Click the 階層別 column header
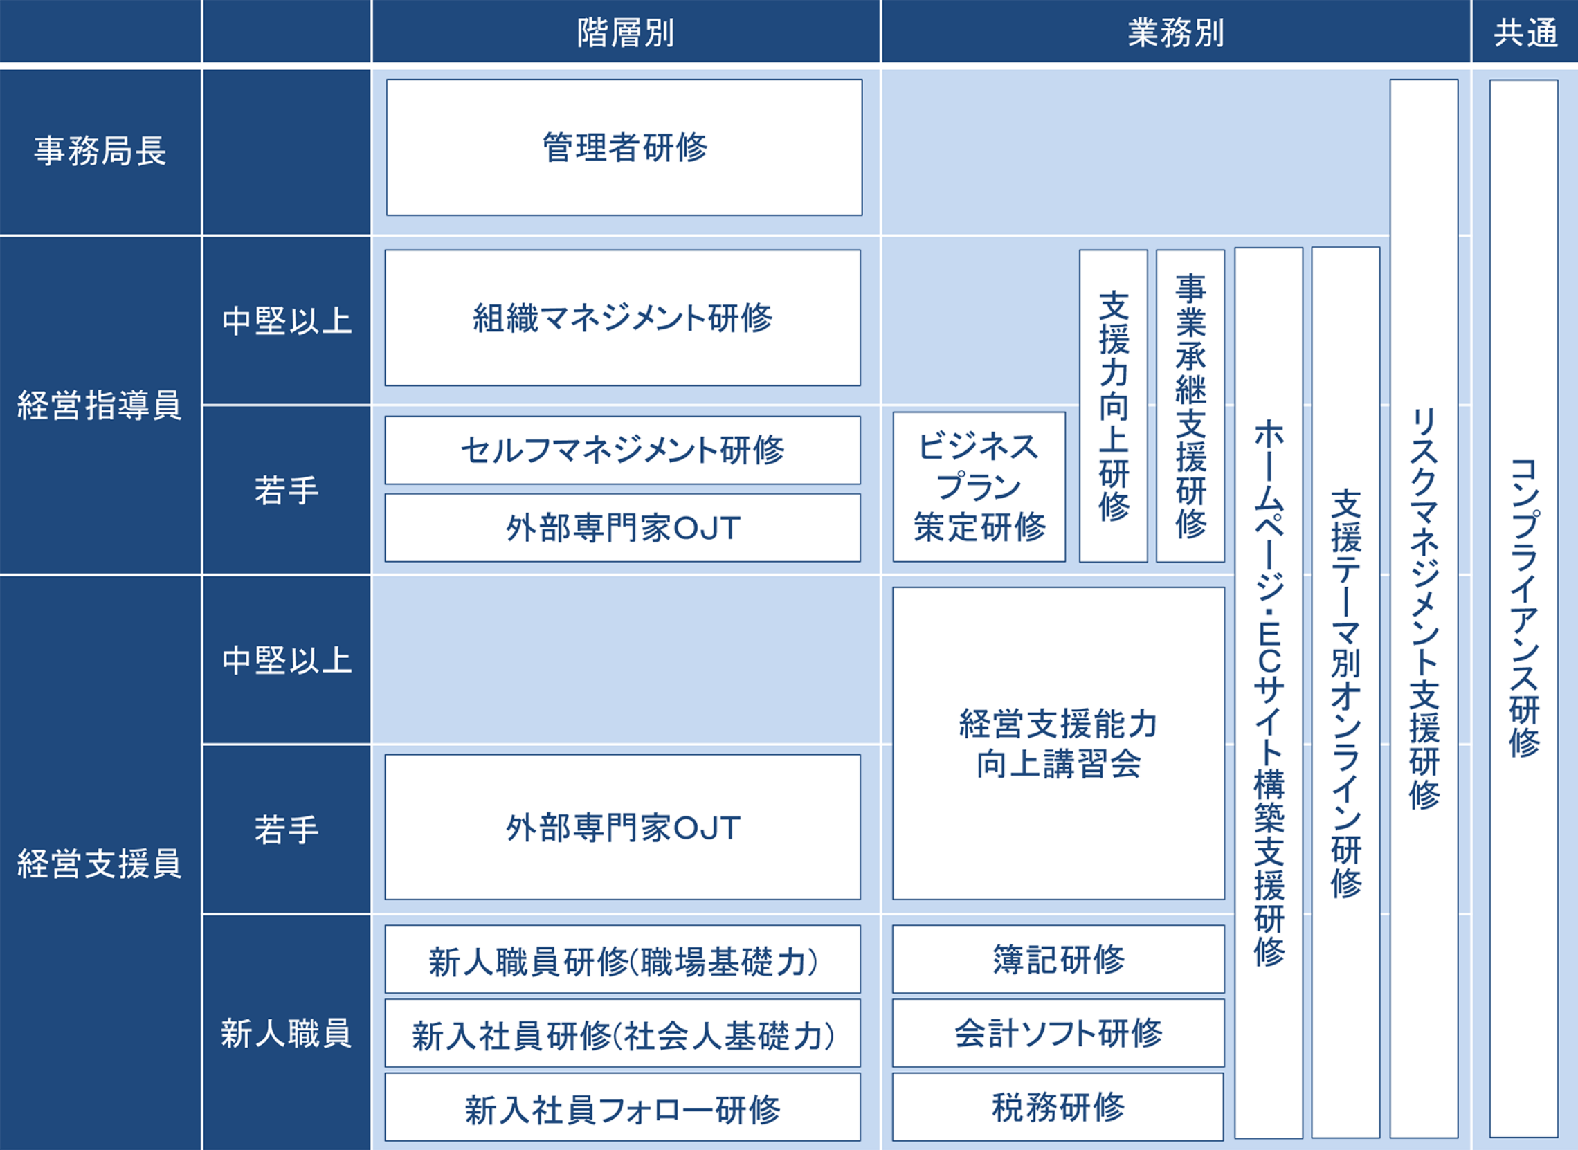click(x=626, y=32)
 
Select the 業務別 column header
click(x=1175, y=32)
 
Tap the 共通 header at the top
click(x=1525, y=32)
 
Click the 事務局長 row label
click(x=100, y=151)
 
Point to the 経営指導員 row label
click(x=100, y=405)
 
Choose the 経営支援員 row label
click(x=100, y=864)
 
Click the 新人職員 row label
click(x=287, y=1033)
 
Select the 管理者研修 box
click(x=624, y=147)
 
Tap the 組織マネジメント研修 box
click(x=623, y=318)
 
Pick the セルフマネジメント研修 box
click(x=623, y=450)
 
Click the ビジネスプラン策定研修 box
click(x=979, y=487)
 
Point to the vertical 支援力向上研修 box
click(x=1113, y=407)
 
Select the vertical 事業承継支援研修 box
click(x=1190, y=407)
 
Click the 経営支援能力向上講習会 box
click(x=1058, y=743)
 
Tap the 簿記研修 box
click(x=1058, y=959)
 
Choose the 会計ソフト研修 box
click(x=1058, y=1033)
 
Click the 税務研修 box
click(x=1058, y=1107)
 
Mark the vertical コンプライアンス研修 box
click(x=1524, y=607)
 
